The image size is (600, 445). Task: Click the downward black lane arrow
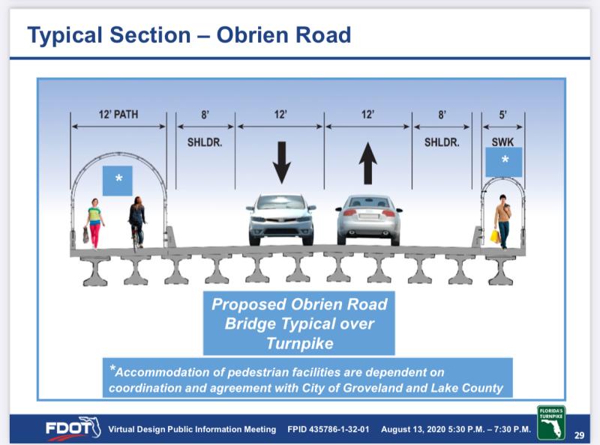click(282, 163)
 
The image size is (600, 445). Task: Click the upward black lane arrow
click(367, 163)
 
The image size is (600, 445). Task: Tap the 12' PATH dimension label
click(118, 115)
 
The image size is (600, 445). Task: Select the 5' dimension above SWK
click(502, 115)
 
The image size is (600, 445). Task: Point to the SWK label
click(502, 142)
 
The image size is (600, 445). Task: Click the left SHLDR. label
click(205, 142)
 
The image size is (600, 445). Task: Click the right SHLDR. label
click(442, 142)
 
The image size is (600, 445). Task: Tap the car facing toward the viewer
click(280, 220)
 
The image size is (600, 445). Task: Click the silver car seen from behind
click(368, 220)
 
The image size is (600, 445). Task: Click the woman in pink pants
click(94, 224)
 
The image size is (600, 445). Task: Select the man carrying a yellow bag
click(502, 222)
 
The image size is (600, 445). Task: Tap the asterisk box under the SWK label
click(503, 163)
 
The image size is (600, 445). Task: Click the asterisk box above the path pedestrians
click(118, 181)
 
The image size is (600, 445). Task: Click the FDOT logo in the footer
click(73, 429)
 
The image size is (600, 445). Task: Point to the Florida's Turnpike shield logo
click(551, 423)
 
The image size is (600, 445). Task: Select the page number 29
click(579, 435)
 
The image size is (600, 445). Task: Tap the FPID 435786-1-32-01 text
click(328, 429)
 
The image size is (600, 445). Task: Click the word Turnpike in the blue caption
click(299, 343)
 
